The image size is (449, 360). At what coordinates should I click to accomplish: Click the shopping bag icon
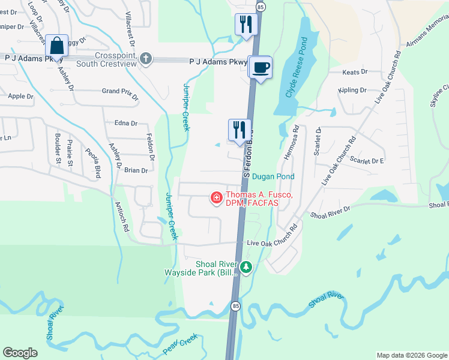coord(56,45)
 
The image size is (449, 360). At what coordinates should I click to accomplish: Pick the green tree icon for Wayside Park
coord(246,267)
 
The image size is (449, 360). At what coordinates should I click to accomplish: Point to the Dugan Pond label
coord(273,176)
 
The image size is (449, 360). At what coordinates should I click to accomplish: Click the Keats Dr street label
coord(354,72)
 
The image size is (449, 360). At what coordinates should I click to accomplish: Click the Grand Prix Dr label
coord(120,93)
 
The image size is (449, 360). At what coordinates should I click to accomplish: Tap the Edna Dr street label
coord(126,123)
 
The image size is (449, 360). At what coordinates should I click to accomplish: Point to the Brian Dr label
coord(136,170)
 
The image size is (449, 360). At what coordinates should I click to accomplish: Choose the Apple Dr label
coord(20,96)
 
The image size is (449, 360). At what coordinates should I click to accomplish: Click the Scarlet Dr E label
coord(367,161)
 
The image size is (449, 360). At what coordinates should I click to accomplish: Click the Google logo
coord(20,353)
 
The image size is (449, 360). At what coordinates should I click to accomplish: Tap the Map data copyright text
coord(411,355)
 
